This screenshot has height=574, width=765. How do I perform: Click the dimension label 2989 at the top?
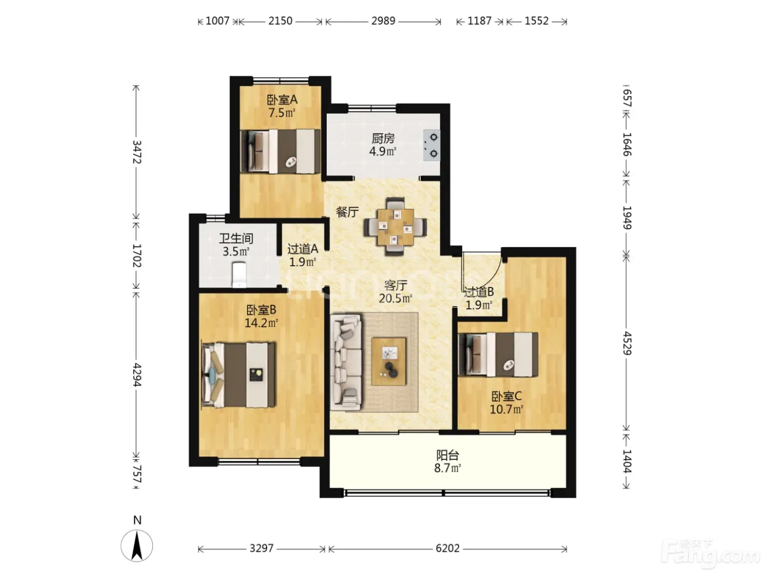[x=383, y=21]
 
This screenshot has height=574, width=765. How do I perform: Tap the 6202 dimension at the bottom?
[x=448, y=548]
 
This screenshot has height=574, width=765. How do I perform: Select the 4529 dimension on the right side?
[x=627, y=343]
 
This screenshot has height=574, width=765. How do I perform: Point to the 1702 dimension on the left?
[x=136, y=255]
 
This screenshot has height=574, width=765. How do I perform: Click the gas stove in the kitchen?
[x=432, y=145]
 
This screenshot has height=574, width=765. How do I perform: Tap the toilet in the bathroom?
[x=239, y=275]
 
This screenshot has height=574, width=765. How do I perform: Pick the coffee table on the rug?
[x=389, y=361]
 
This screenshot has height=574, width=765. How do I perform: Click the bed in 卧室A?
[x=280, y=151]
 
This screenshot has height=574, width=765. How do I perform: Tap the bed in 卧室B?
[x=239, y=374]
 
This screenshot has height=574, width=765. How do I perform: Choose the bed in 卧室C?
[x=498, y=354]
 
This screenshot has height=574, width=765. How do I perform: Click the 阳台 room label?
[x=448, y=455]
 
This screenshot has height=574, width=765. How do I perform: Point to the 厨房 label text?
[x=382, y=139]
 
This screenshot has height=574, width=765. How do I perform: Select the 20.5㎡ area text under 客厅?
[x=395, y=298]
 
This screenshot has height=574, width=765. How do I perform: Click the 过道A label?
[x=303, y=249]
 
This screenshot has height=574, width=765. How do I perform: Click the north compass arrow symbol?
[x=137, y=546]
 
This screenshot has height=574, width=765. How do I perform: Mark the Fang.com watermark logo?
[x=710, y=553]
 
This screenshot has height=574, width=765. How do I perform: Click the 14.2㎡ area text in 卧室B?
[x=261, y=323]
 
